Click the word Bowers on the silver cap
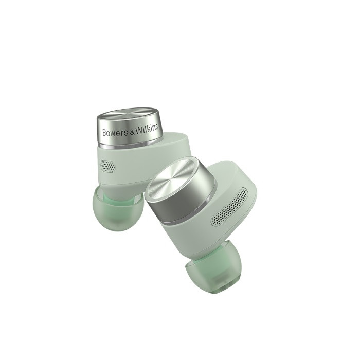pyautogui.click(x=115, y=132)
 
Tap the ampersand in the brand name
pyautogui.click(x=132, y=131)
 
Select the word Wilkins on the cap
pyautogui.click(x=147, y=129)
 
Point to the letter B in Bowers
pyautogui.click(x=104, y=133)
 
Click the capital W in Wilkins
pyautogui.click(x=138, y=130)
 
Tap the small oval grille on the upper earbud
pyautogui.click(x=108, y=166)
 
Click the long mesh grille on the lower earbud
pyautogui.click(x=230, y=207)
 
